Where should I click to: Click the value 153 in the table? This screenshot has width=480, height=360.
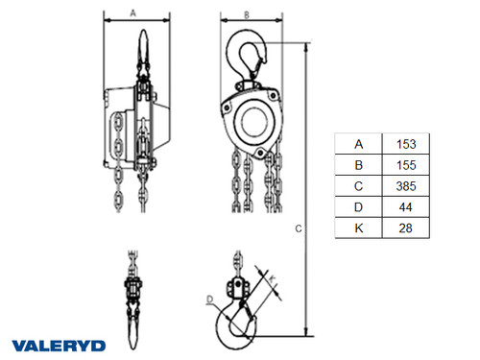point(406,144)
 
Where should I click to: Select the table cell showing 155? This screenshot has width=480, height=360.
point(406,165)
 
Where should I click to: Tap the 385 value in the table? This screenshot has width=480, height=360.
point(406,186)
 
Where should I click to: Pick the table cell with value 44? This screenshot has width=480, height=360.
point(405,207)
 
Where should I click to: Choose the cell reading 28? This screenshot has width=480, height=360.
point(405,228)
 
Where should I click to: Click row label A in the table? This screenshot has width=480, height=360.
point(359,144)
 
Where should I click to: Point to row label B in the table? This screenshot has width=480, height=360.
point(359,165)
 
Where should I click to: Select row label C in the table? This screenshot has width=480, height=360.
point(359,186)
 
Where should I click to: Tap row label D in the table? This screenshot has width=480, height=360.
point(359,207)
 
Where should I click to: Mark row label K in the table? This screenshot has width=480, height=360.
point(359,228)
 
